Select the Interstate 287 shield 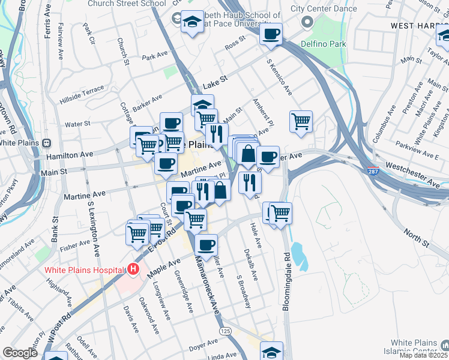pyautogui.click(x=373, y=170)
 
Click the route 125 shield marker pyautogui.click(x=225, y=331)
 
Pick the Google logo pyautogui.click(x=20, y=353)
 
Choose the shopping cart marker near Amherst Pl pyautogui.click(x=301, y=120)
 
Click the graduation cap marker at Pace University pyautogui.click(x=192, y=23)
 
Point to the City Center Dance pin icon pyautogui.click(x=307, y=22)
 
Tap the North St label pyautogui.click(x=417, y=238)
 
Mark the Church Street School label pyautogui.click(x=127, y=4)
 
